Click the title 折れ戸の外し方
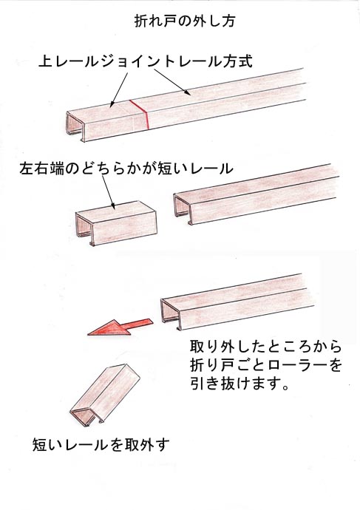point(184,21)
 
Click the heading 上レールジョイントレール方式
point(146,61)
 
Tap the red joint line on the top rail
point(140,114)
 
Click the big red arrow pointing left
point(120,327)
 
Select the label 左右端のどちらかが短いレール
point(126,169)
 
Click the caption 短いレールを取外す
point(101,444)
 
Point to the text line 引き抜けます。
point(240,384)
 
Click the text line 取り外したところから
point(265,347)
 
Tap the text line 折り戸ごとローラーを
point(265,365)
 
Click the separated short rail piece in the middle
point(116,222)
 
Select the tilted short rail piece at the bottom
point(105,395)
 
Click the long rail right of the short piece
point(256,194)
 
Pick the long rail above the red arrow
point(237,302)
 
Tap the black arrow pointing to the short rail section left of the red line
point(119,89)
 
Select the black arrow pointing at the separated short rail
point(108,192)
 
